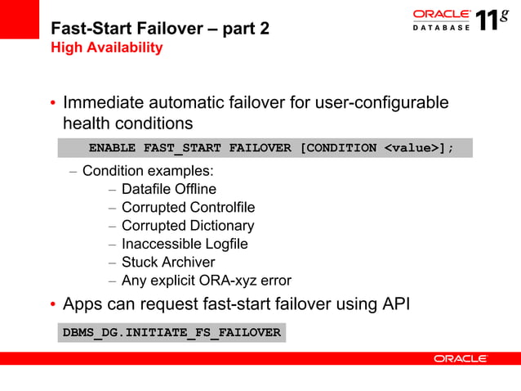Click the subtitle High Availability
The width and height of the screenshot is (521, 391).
coord(106,48)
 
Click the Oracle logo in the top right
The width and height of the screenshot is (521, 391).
coord(441,14)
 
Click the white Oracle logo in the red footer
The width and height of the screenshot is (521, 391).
coord(461,358)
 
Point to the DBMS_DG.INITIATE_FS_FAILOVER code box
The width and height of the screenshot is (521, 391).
coord(171,333)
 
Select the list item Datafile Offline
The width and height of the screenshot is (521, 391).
coord(169,190)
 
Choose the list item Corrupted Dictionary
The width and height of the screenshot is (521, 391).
coord(188,226)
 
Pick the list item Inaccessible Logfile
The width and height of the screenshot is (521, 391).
coord(185,244)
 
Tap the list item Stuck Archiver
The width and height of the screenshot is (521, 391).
coord(168,263)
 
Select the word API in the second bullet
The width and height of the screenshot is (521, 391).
coord(395,305)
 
